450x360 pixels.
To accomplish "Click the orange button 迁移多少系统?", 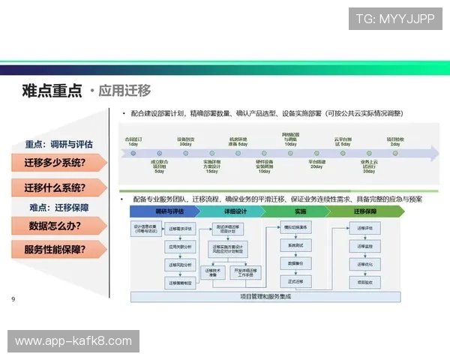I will tap(55, 163).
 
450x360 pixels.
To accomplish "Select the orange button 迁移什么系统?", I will tap(55, 188).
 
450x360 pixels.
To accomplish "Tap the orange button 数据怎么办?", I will tap(55, 226).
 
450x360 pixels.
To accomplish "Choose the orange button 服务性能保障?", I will tap(55, 250).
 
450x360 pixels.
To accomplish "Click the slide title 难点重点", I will tap(52, 91).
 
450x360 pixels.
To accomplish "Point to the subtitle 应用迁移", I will tap(123, 91).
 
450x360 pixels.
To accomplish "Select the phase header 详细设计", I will tap(235, 212).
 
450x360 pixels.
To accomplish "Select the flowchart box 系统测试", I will tap(295, 245).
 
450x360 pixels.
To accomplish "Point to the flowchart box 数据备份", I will tap(295, 263).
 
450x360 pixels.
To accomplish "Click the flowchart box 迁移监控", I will tap(365, 245).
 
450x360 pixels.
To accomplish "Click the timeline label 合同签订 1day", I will tap(134, 141).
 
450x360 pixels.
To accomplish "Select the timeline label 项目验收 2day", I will tap(396, 141).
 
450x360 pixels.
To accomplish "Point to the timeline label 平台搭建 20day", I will tap(316, 165).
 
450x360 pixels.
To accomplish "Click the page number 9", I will tap(13, 300).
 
